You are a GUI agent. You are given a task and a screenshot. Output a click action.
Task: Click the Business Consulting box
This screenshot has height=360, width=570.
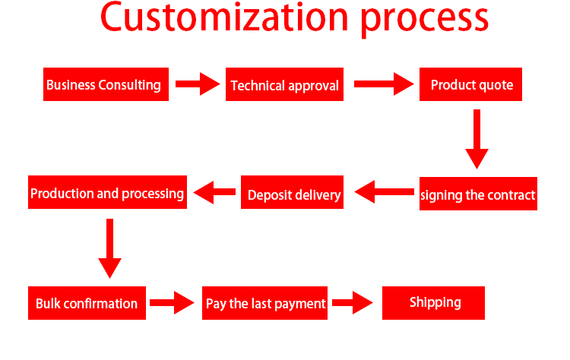tap(106, 84)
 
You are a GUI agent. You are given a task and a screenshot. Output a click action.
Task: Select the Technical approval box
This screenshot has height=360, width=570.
tap(285, 84)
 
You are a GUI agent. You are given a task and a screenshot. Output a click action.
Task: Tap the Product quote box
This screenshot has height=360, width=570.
tap(470, 84)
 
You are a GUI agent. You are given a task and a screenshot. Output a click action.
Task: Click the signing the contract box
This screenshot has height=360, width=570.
tap(478, 194)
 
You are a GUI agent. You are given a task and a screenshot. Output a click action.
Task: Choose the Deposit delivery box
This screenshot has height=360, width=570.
tap(293, 192)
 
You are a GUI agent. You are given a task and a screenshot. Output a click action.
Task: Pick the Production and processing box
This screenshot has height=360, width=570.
tap(108, 192)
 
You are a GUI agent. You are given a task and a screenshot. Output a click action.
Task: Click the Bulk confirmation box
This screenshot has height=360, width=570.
tap(87, 303)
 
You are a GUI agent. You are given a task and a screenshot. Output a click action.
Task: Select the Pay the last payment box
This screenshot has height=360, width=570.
tap(264, 303)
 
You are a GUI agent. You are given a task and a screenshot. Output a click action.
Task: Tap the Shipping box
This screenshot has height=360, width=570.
tap(433, 303)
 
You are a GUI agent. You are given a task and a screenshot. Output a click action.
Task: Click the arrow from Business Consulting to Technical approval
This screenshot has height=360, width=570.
tap(198, 84)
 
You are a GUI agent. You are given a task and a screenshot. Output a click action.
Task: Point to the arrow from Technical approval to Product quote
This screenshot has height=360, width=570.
tap(384, 84)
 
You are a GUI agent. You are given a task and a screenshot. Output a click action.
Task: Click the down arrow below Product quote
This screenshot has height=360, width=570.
tap(477, 139)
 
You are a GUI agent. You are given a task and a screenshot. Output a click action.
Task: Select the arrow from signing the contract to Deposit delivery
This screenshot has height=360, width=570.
tap(384, 192)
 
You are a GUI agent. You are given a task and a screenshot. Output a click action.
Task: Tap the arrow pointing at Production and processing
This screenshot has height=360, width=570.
tap(214, 192)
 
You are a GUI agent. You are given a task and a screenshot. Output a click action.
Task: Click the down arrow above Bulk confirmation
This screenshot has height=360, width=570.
tap(109, 248)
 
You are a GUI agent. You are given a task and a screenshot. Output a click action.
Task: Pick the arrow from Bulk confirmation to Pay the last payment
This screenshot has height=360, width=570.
tap(173, 302)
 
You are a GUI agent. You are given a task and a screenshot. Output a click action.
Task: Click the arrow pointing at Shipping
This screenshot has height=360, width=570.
tap(353, 302)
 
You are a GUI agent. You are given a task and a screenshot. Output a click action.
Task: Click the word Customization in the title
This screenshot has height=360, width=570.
tap(224, 17)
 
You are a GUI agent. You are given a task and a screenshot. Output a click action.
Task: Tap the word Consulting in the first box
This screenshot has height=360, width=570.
tap(129, 85)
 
